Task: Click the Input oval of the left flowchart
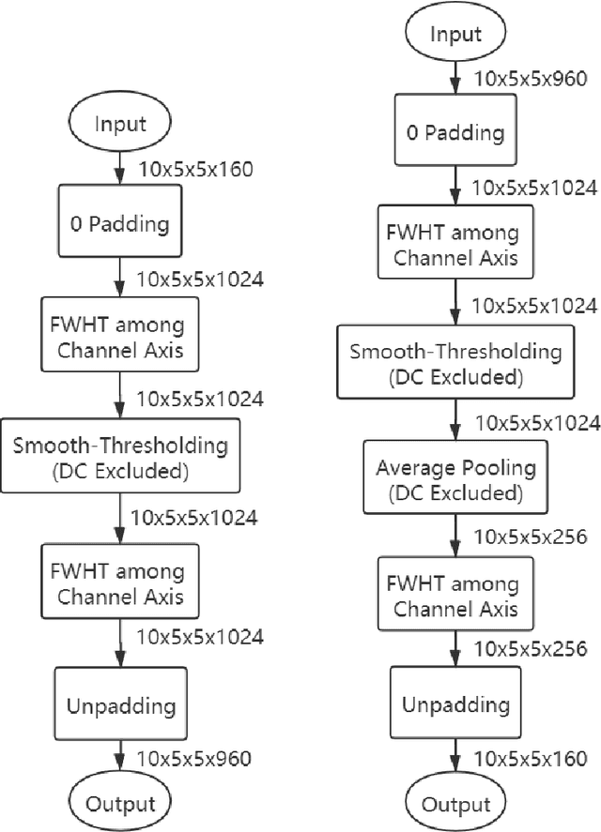[x=119, y=124]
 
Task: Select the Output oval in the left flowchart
[x=119, y=804]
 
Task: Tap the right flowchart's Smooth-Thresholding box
[x=455, y=364]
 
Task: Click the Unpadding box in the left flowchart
[x=119, y=703]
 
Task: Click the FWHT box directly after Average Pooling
[x=455, y=596]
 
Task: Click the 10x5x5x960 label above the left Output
[x=195, y=757]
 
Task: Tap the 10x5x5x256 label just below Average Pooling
[x=532, y=537]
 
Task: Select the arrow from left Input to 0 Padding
[x=119, y=169]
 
